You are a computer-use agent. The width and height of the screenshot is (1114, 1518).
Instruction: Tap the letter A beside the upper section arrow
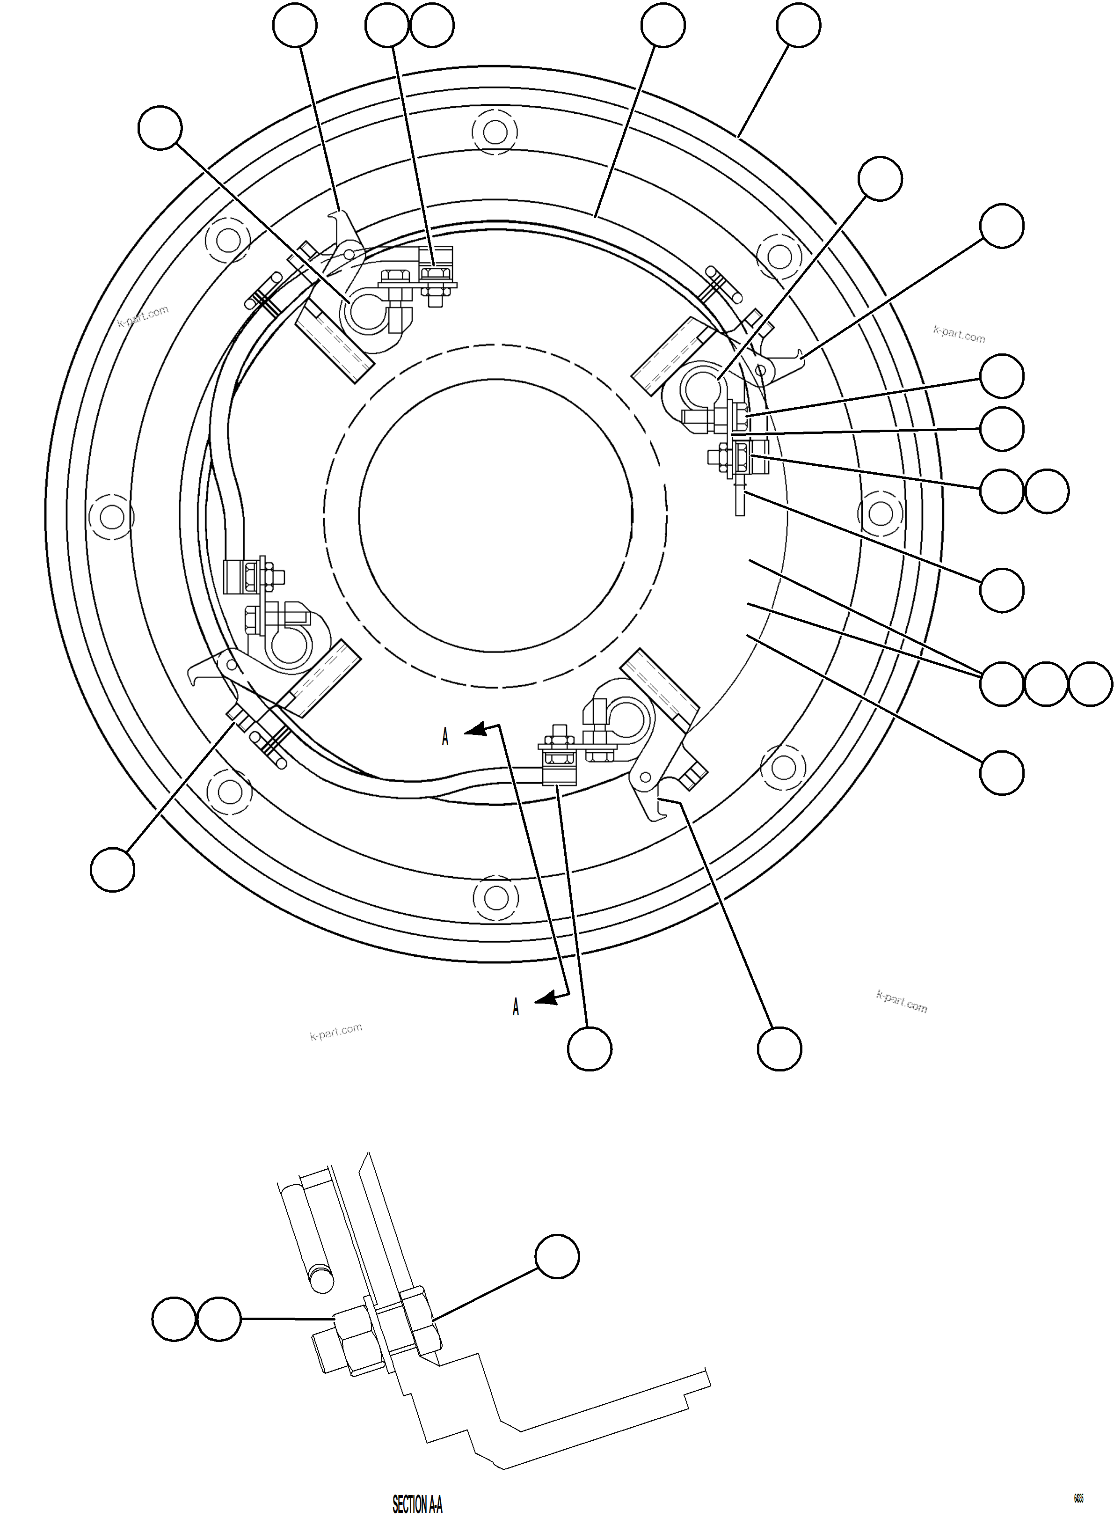click(445, 737)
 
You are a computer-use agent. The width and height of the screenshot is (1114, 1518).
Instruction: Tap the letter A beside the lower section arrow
click(516, 1007)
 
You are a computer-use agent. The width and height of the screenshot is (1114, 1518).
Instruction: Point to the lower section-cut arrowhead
click(546, 999)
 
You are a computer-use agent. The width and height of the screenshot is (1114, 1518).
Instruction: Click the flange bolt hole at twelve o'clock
click(495, 132)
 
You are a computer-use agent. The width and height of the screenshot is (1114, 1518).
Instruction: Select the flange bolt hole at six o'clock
click(495, 897)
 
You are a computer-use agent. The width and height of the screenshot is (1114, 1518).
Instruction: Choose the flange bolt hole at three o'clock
click(880, 513)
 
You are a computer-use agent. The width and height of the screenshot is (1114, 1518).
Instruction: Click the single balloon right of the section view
click(557, 1256)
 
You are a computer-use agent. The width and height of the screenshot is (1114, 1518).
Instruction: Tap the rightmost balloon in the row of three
click(1091, 684)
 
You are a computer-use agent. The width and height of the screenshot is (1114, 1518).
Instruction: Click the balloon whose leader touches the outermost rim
click(798, 25)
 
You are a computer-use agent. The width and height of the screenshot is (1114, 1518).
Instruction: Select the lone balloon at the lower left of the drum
click(113, 870)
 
